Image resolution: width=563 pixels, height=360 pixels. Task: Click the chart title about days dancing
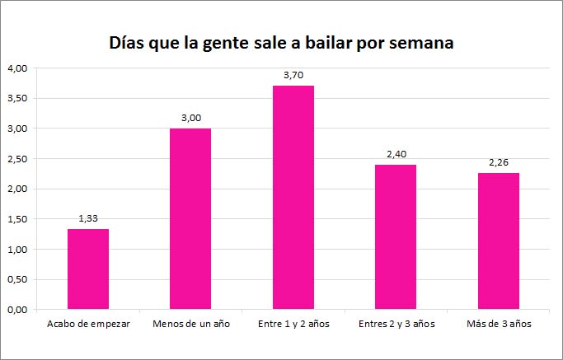coord(281,43)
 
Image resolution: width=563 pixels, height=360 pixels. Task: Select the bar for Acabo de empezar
coord(88,269)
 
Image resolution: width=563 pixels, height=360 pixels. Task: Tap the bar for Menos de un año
coord(190,218)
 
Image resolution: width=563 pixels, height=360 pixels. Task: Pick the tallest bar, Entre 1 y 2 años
coord(293,198)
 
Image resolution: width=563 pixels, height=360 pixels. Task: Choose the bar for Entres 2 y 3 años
coord(396,237)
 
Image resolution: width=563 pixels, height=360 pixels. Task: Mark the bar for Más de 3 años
coord(498,241)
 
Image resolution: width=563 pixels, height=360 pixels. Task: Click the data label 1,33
coord(88,218)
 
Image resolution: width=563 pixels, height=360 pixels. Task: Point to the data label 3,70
coord(293,75)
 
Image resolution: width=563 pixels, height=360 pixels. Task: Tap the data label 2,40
coord(396,154)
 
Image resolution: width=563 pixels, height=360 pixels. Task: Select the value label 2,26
coord(498,162)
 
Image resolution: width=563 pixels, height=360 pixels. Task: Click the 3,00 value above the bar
coord(190,118)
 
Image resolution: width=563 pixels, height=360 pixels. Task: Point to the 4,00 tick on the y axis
coord(16,68)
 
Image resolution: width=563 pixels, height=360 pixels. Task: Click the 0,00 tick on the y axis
coord(16,310)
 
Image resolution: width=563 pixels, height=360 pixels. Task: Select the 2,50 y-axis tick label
coord(16,159)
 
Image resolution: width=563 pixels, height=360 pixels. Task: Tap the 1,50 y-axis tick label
coord(16,219)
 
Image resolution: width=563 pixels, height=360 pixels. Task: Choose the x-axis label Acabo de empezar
coord(88,324)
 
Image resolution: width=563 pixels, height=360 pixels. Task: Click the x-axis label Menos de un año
coord(190,324)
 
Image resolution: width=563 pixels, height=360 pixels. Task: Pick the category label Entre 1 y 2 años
coord(293,324)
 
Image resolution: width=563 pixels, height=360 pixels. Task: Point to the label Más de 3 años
coord(498,324)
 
